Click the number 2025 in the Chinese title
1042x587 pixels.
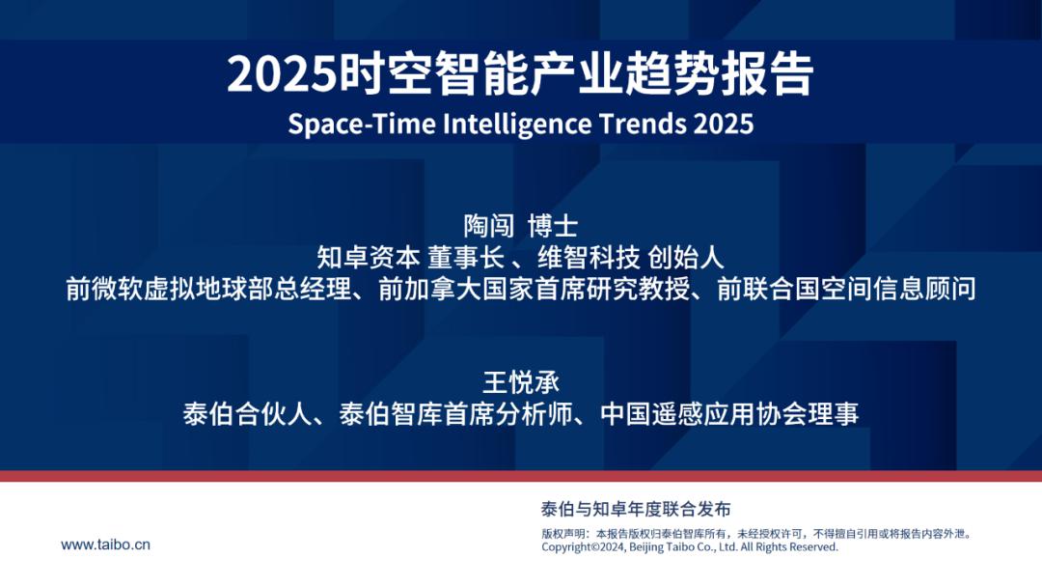coord(281,73)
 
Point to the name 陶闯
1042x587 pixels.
coord(488,226)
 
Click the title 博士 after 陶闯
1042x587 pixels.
coord(553,226)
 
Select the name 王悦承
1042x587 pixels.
coord(521,383)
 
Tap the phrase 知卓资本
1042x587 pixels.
coord(369,257)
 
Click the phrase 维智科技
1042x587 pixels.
coord(589,257)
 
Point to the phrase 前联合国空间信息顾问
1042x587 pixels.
coord(847,289)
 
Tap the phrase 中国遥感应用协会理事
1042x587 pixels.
coord(729,414)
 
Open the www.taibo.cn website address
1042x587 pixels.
coord(106,545)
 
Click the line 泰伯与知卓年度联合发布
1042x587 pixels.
coord(636,509)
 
